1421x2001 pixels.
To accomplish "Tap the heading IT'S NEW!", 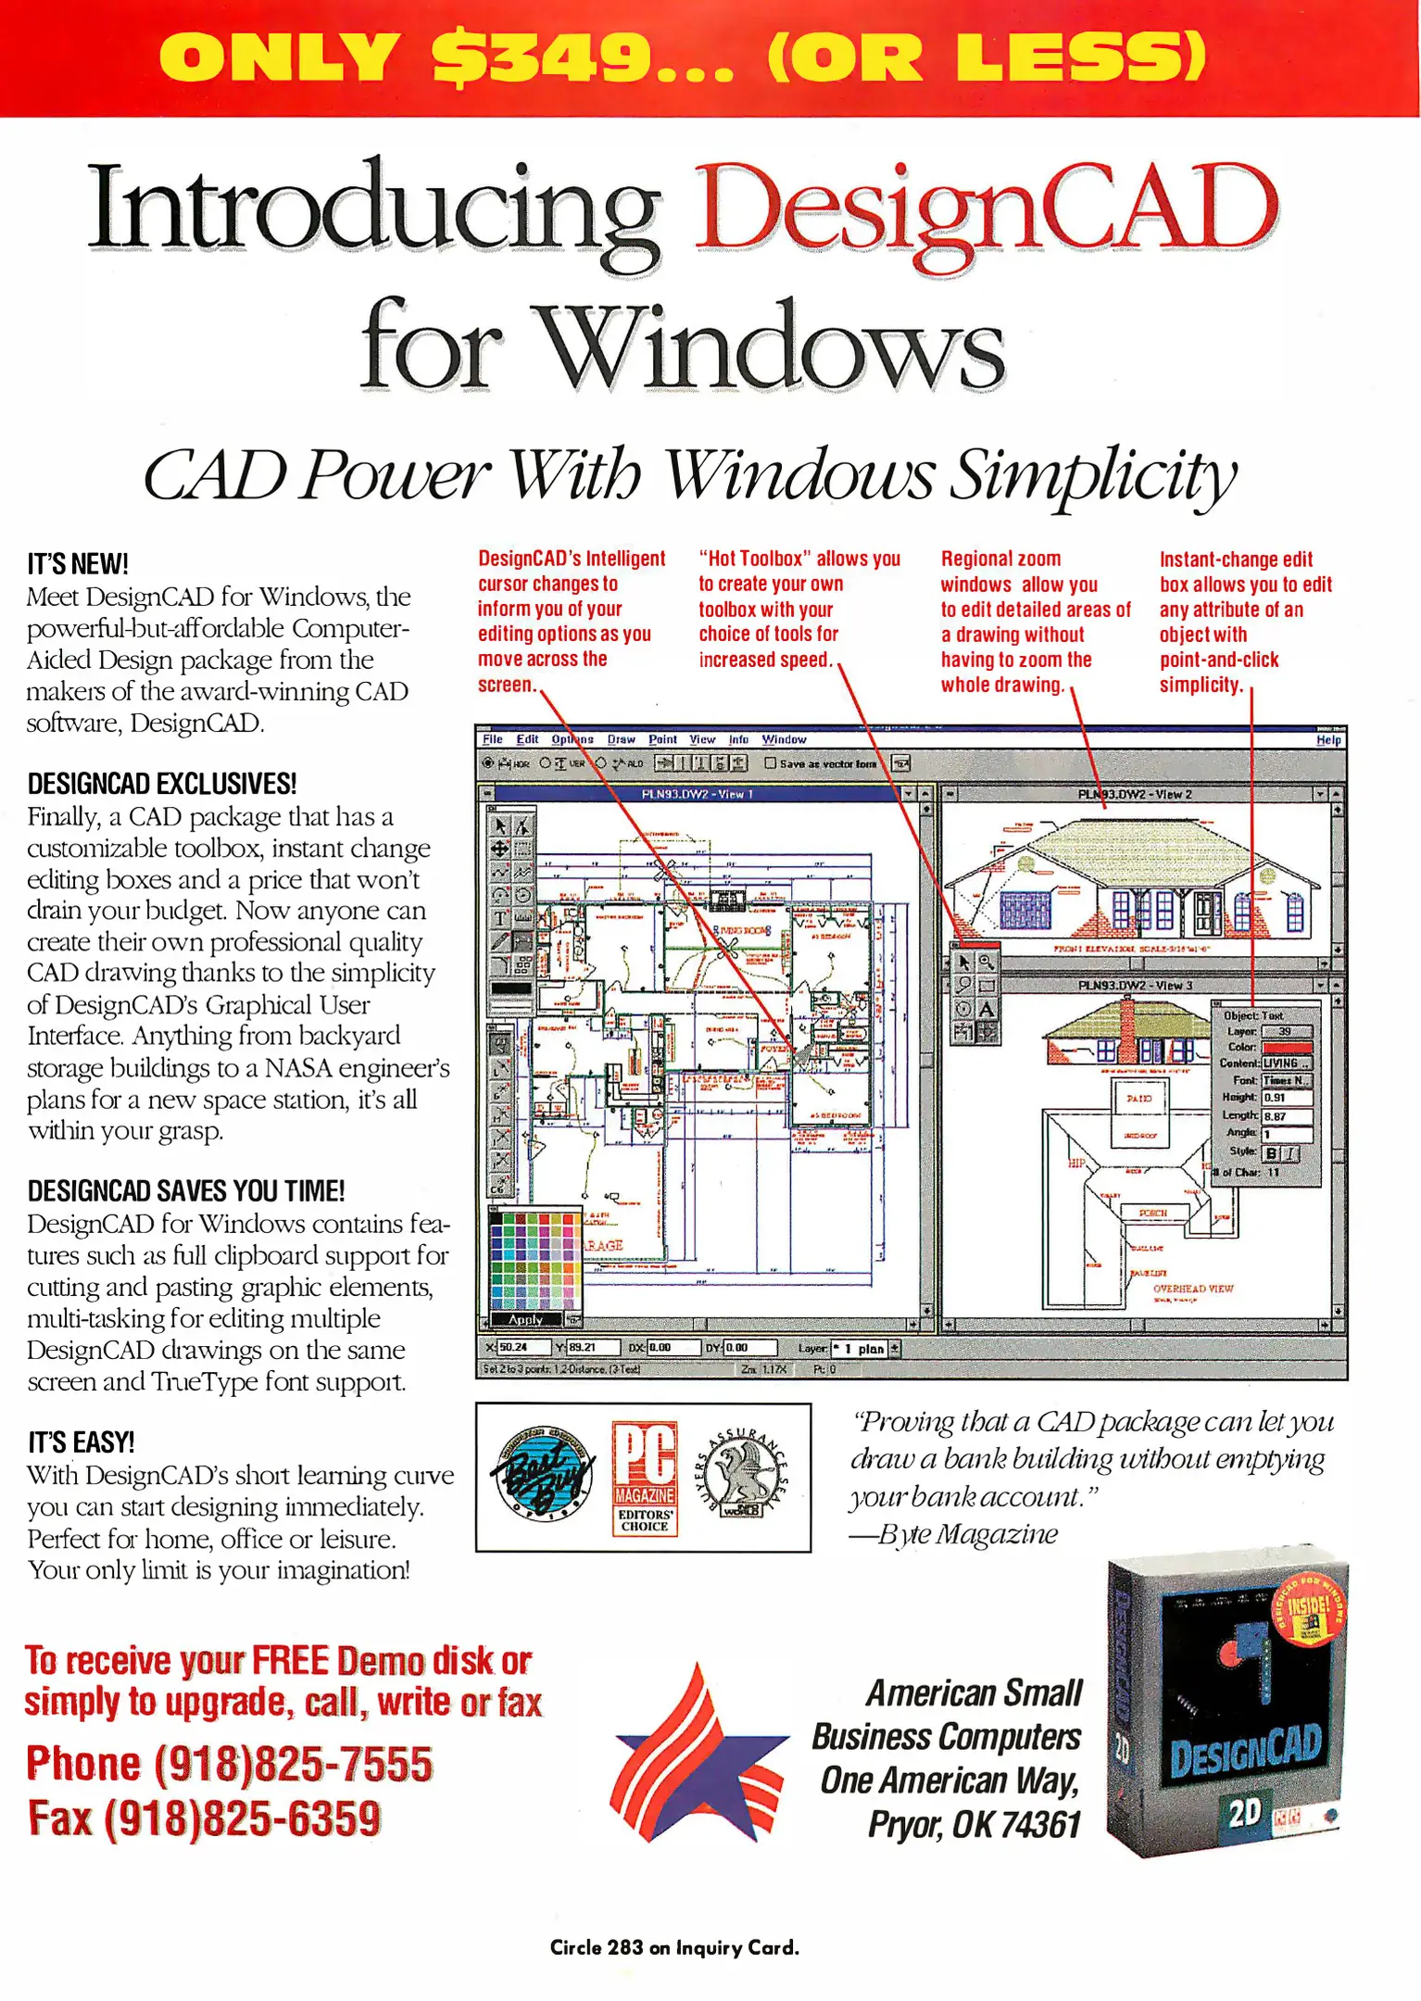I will point(78,563).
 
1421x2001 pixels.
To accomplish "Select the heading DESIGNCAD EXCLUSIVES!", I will point(162,784).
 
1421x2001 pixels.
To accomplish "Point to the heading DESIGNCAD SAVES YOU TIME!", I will point(186,1190).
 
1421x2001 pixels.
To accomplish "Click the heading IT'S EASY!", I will point(82,1442).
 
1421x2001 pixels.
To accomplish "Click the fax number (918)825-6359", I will point(242,1818).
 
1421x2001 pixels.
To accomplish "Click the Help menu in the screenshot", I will point(1327,739).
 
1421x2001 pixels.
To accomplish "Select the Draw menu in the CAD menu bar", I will point(621,739).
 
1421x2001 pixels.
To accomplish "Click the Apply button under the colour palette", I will point(525,1319).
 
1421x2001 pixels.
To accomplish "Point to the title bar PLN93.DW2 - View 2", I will point(1134,794).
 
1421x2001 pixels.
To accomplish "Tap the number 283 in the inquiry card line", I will point(625,1947).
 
